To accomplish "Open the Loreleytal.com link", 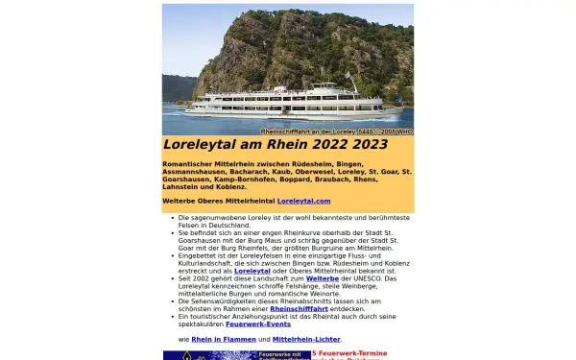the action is [x=303, y=201].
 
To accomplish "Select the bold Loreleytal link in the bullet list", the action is [x=252, y=271].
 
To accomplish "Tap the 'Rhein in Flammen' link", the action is [x=210, y=339].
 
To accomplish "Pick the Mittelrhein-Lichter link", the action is [x=308, y=339].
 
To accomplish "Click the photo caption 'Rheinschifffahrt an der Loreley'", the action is [x=309, y=132].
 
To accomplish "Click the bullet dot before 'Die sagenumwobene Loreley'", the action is [x=172, y=218].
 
